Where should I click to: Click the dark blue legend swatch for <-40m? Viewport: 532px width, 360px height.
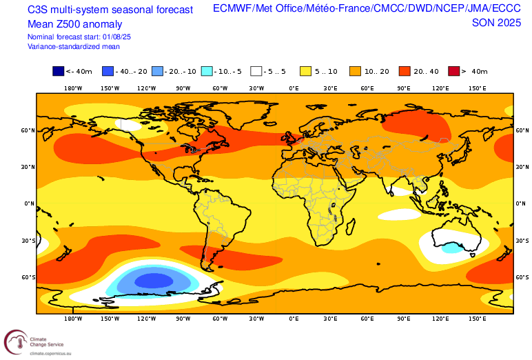[58, 71]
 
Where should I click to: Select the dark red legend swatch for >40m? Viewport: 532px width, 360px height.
[453, 71]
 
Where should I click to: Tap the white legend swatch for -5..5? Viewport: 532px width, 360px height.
[256, 71]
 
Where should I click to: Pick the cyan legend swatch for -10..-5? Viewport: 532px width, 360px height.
[206, 71]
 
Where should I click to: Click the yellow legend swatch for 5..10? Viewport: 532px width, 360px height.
[305, 71]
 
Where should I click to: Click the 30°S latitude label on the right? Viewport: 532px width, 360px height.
[522, 241]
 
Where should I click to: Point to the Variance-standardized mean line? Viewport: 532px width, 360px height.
[73, 47]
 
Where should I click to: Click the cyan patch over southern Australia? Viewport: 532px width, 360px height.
[452, 247]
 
